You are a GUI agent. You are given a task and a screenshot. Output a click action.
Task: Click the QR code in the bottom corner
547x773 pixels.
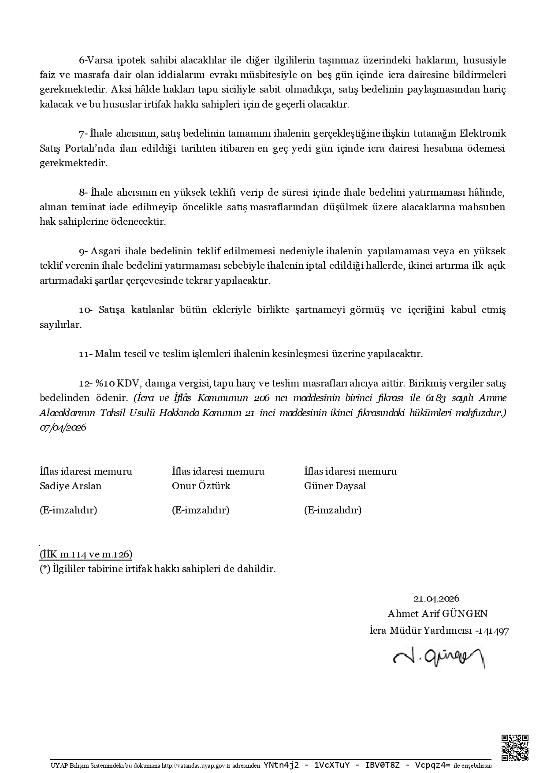click(515, 747)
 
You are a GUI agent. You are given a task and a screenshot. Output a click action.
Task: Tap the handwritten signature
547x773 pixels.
click(439, 659)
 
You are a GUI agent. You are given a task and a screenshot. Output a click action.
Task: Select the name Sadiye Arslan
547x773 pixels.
click(71, 486)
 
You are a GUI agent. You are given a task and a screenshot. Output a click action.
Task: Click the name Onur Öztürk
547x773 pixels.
click(201, 486)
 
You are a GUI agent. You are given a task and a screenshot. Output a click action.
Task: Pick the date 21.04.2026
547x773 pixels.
click(436, 598)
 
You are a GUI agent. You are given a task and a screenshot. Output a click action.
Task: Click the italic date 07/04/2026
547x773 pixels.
click(63, 428)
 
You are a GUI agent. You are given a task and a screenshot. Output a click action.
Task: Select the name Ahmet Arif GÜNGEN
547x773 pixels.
click(438, 613)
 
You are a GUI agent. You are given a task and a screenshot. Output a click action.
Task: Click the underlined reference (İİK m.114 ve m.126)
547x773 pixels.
click(86, 554)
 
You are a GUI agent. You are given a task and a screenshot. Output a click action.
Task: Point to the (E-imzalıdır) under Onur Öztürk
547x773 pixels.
click(201, 510)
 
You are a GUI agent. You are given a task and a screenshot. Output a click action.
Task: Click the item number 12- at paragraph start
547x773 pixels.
click(84, 383)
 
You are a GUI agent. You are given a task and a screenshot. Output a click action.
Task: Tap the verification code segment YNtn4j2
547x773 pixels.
click(281, 766)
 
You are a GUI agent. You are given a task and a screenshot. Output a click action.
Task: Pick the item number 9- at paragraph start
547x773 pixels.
click(83, 252)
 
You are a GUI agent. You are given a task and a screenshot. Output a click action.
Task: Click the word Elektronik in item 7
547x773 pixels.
click(483, 134)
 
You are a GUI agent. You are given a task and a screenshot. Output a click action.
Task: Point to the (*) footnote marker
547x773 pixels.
click(45, 569)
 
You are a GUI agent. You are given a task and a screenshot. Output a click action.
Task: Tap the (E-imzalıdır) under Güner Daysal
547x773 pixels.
click(333, 510)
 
